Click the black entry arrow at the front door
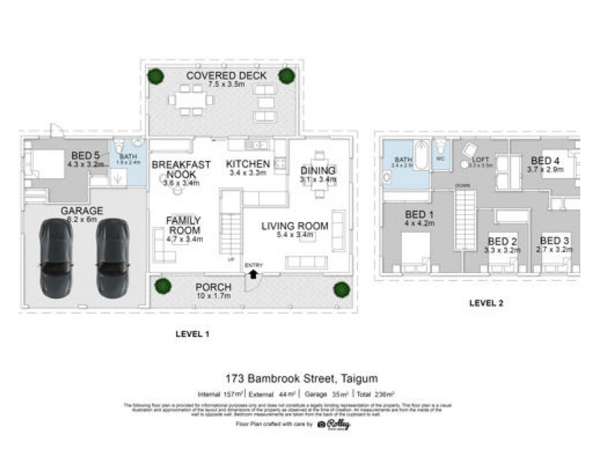click(253, 274)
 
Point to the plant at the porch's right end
click(341, 289)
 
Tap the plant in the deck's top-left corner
click(155, 76)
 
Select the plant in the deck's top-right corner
click(286, 75)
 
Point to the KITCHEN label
click(247, 164)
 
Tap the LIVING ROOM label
click(294, 226)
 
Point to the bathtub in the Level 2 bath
click(421, 156)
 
